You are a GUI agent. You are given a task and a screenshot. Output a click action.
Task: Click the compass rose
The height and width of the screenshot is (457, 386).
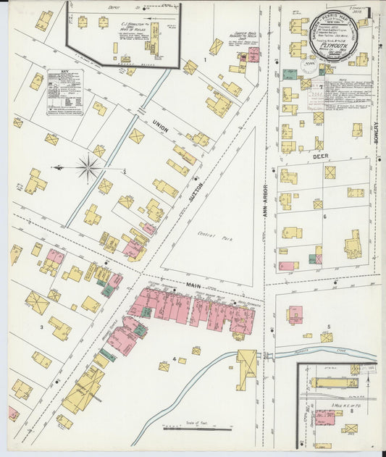pos(88,168)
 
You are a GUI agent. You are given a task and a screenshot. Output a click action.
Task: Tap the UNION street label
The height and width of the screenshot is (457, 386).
pos(160,129)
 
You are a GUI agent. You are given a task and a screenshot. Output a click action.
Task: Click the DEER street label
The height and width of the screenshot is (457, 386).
pos(321,154)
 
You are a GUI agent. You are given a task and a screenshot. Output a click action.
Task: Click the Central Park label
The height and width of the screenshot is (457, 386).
pos(210,235)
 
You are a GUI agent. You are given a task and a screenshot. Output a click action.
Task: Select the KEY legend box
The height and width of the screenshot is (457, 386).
pos(65,92)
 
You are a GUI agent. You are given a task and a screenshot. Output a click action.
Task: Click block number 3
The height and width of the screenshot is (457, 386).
pos(41,327)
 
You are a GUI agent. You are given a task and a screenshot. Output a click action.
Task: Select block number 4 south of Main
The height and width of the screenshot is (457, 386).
pos(174,359)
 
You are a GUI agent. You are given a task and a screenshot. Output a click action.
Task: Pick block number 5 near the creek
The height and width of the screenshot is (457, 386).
pos(328,327)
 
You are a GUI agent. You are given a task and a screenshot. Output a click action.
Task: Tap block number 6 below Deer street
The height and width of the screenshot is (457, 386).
pos(325,217)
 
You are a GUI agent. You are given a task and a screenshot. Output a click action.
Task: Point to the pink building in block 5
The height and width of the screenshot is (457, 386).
pos(295,314)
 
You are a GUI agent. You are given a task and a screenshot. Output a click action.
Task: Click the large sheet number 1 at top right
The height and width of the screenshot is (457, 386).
pos(369,12)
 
